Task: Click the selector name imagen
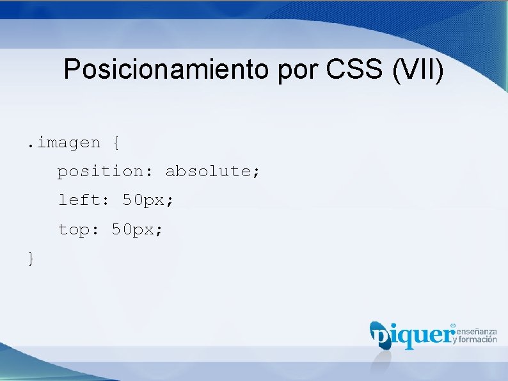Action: click(68, 143)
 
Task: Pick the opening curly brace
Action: click(115, 143)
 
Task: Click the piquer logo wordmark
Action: click(413, 335)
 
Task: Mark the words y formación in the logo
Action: click(475, 340)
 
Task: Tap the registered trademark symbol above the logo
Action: click(453, 325)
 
